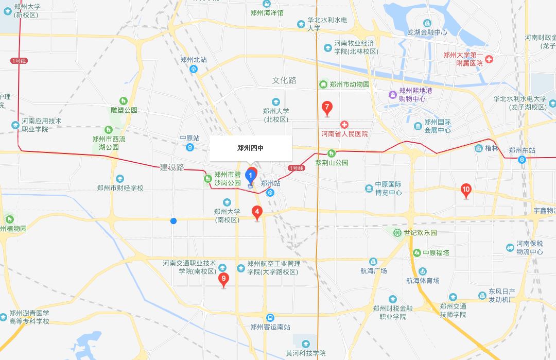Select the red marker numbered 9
pyautogui.click(x=223, y=280)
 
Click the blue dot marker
pyautogui.click(x=173, y=221)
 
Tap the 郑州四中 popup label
pyautogui.click(x=251, y=148)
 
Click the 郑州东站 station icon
pyautogui.click(x=523, y=159)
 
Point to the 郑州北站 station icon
pyautogui.click(x=194, y=69)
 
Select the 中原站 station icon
pyautogui.click(x=190, y=147)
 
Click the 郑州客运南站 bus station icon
pyautogui.click(x=270, y=318)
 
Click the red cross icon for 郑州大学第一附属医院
pyautogui.click(x=489, y=60)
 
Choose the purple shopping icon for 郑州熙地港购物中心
pyautogui.click(x=392, y=95)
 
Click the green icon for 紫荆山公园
pyautogui.click(x=332, y=153)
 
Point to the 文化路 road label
pyautogui.click(x=284, y=80)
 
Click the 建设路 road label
pyautogui.click(x=172, y=167)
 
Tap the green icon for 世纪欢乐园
pyautogui.click(x=397, y=233)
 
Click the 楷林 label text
pyautogui.click(x=492, y=148)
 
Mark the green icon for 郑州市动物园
pyautogui.click(x=323, y=84)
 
